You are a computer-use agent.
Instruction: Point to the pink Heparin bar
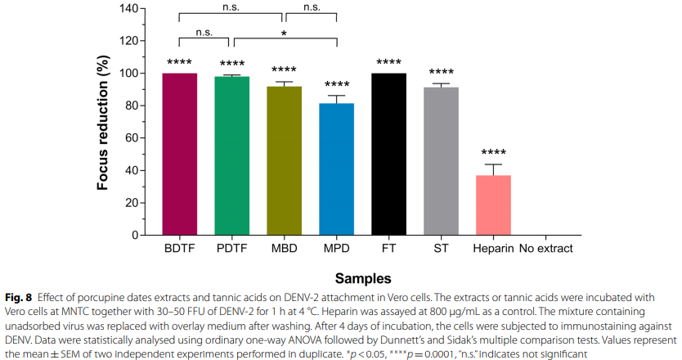tap(493, 205)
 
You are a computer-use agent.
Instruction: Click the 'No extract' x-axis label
tap(545, 248)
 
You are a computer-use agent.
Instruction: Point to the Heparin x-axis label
tap(493, 248)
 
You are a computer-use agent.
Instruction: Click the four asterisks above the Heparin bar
tap(493, 153)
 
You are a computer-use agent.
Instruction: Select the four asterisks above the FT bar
tap(388, 62)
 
